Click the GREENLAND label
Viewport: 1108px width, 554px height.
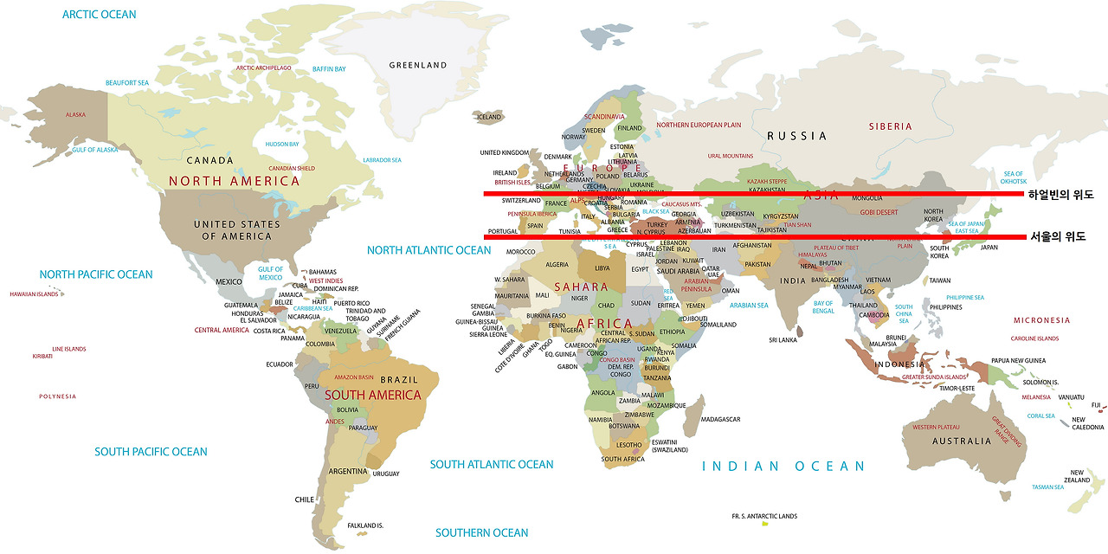tap(418, 65)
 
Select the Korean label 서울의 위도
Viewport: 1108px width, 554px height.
tap(1056, 236)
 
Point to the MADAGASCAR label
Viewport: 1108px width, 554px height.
tap(720, 420)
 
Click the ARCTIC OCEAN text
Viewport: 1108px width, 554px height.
tap(100, 15)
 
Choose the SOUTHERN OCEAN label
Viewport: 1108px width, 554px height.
tap(481, 532)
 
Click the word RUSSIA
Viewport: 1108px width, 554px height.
tap(796, 136)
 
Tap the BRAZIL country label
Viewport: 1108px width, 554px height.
tap(399, 379)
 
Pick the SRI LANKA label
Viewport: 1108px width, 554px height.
tap(783, 340)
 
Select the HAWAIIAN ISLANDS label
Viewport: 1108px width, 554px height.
tap(34, 294)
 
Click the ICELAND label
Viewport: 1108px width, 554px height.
tap(489, 117)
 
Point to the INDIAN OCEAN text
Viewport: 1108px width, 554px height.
tap(783, 467)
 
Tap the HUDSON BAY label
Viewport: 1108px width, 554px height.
tap(282, 145)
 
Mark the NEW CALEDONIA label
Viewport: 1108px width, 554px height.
tap(1088, 423)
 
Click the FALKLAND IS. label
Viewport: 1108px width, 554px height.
tap(365, 525)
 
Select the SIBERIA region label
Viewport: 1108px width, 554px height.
tap(891, 126)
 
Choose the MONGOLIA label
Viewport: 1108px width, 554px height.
tap(867, 198)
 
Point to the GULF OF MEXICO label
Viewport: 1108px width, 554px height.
tap(270, 274)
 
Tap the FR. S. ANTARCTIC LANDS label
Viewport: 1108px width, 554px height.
tap(764, 516)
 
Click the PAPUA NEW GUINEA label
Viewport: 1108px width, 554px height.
tap(1018, 360)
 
